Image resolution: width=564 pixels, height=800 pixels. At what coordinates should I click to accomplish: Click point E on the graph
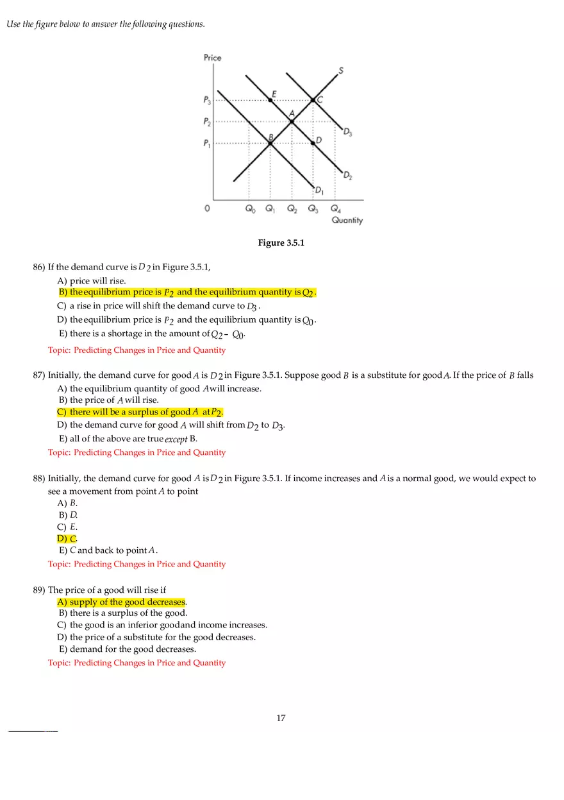[x=270, y=100]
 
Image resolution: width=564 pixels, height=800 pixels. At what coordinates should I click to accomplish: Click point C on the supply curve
[x=313, y=100]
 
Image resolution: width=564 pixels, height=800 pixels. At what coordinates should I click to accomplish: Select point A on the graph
[x=292, y=121]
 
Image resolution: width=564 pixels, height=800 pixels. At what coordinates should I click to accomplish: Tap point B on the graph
[x=270, y=142]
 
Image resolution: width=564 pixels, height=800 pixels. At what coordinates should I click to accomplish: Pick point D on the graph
[x=313, y=142]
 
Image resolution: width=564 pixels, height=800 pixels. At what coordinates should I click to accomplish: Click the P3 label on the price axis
[x=207, y=100]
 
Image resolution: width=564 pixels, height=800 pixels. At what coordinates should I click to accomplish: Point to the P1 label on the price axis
[x=207, y=144]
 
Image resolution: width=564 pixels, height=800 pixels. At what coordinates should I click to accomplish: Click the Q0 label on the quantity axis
[x=249, y=209]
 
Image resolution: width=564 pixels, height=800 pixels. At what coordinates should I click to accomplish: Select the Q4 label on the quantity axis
[x=336, y=209]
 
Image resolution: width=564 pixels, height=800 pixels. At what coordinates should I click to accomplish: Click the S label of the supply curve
[x=340, y=71]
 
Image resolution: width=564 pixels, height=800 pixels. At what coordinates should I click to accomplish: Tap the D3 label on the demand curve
[x=347, y=132]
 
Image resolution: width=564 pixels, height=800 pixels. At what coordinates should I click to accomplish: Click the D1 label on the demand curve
[x=319, y=189]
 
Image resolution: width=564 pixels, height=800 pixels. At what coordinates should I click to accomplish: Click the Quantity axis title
[x=347, y=221]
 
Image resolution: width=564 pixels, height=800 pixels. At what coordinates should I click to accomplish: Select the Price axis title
[x=212, y=58]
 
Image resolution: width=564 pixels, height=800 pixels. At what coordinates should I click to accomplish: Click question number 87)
[x=40, y=375]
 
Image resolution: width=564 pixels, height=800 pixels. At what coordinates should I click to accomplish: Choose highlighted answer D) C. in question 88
[x=67, y=538]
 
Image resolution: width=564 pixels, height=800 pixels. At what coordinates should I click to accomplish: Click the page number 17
[x=281, y=718]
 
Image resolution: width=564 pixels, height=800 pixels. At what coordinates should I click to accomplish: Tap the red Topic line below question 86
[x=137, y=350]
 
